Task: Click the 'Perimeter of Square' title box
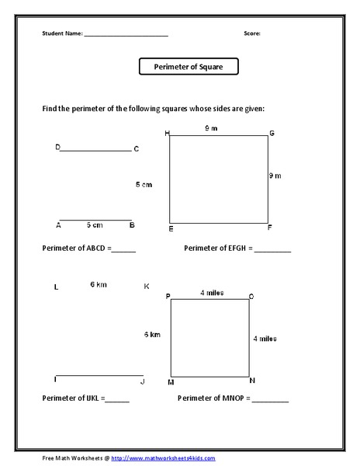tap(189, 68)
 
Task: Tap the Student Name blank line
tap(126, 36)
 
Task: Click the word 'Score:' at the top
tap(251, 34)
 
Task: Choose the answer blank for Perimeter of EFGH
tap(272, 250)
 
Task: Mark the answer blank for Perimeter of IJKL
tap(117, 400)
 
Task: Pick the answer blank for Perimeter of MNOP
tap(270, 400)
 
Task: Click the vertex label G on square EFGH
tap(272, 134)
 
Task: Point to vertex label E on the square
tap(171, 229)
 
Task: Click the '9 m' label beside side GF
tap(275, 176)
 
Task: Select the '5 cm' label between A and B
tap(94, 225)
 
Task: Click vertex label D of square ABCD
tap(57, 147)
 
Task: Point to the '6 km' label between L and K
tap(98, 284)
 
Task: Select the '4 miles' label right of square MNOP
tap(265, 339)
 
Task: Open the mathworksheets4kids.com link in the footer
tap(163, 458)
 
